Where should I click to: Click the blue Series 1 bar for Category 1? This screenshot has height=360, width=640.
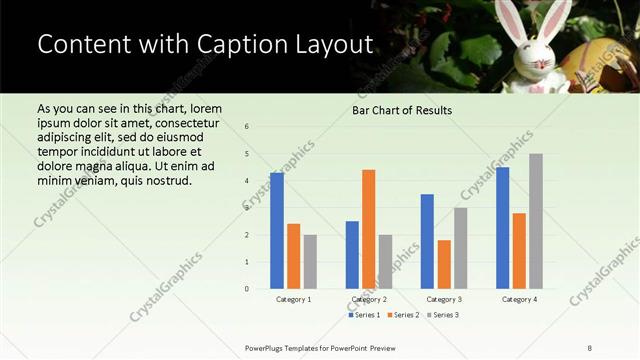277,231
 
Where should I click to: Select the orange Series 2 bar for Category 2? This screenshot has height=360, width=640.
368,229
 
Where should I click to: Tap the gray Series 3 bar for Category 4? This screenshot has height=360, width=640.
536,221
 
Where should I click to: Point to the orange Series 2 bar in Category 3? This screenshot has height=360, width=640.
444,264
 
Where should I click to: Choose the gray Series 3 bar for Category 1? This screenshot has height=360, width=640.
310,262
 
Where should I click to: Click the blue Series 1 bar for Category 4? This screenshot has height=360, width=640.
502,228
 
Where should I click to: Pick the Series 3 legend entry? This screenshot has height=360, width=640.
442,315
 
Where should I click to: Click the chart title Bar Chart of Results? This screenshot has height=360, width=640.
402,110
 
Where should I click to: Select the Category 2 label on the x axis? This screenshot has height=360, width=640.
369,299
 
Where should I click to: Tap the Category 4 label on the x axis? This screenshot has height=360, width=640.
519,299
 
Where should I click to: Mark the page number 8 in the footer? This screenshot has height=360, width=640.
589,347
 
